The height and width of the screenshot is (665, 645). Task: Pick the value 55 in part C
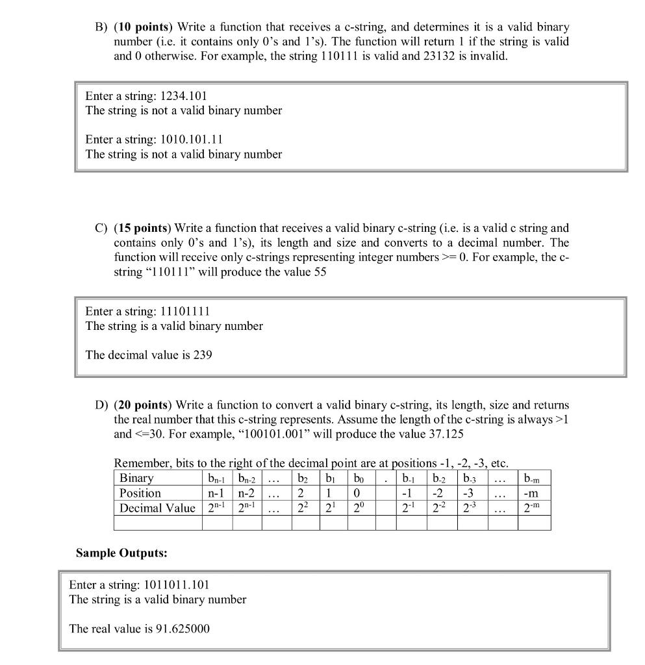[319, 271]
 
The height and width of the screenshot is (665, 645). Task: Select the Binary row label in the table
[136, 479]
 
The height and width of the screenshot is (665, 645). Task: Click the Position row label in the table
[140, 493]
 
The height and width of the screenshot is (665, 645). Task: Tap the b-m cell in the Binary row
[533, 479]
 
